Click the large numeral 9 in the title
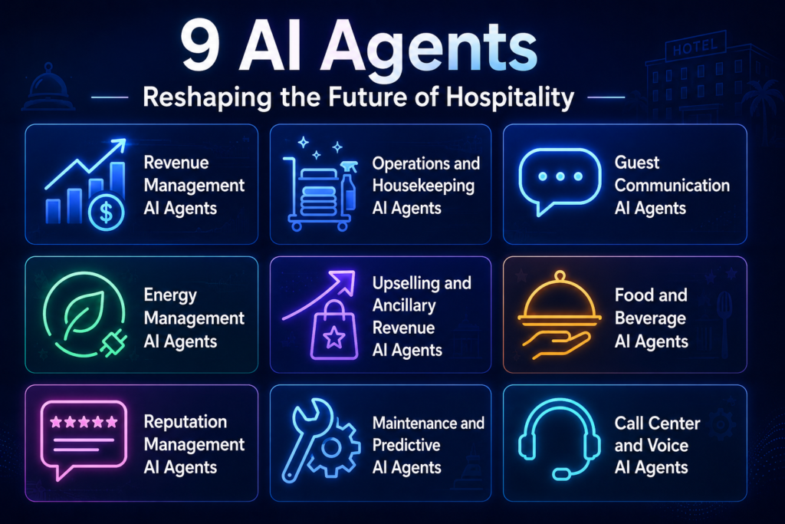click(x=201, y=47)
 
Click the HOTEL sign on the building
click(x=695, y=47)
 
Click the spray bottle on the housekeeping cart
click(x=349, y=186)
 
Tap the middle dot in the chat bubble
click(x=560, y=176)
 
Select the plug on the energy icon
click(x=114, y=344)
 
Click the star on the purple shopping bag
click(x=334, y=338)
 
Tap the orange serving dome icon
click(x=560, y=298)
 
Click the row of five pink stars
click(x=84, y=422)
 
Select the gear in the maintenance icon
click(x=331, y=447)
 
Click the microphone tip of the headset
click(x=561, y=473)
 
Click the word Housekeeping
click(x=423, y=186)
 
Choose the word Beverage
click(x=650, y=318)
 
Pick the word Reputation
click(x=186, y=422)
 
